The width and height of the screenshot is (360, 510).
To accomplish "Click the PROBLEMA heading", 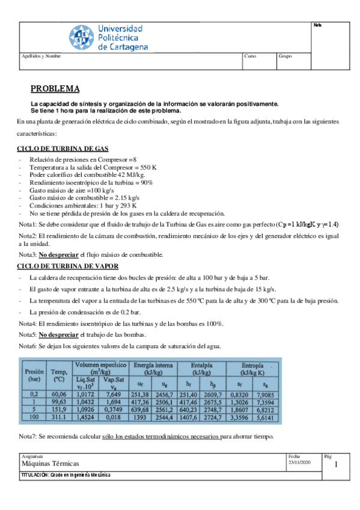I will click(55, 89).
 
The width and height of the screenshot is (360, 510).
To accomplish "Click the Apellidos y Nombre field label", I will click(41, 55).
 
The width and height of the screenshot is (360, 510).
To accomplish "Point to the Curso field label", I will click(251, 55).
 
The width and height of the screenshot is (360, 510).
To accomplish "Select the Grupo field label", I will click(285, 55).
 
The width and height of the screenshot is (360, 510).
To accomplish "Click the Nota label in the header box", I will click(317, 25).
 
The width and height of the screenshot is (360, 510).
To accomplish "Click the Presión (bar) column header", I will click(34, 375).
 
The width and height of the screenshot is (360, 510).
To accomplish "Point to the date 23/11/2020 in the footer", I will click(299, 461).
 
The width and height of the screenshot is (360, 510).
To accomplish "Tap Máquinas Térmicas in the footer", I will click(50, 464).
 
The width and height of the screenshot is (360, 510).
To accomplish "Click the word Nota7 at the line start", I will click(28, 436).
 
